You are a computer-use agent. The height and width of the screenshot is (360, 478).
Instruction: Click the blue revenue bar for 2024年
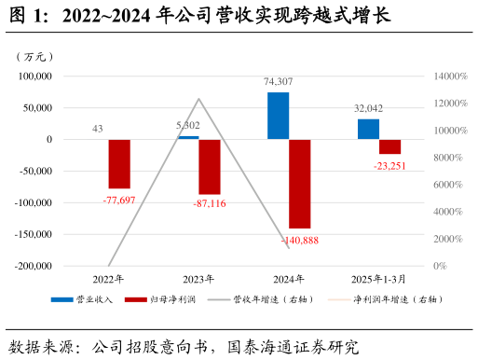(x=278, y=116)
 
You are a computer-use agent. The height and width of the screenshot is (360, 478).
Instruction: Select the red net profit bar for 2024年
(x=300, y=184)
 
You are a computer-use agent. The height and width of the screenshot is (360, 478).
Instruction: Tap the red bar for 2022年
(x=119, y=164)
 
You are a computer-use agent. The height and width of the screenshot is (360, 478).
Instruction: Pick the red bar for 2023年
(x=210, y=167)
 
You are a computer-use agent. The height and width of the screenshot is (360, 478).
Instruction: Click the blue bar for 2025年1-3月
(x=368, y=129)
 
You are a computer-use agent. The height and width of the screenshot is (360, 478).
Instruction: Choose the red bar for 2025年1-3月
(x=389, y=146)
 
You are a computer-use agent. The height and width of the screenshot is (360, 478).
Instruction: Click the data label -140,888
(x=299, y=241)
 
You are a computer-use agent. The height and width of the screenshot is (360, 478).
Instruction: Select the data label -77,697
(x=119, y=201)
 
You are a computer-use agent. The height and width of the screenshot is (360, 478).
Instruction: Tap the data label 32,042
(x=369, y=108)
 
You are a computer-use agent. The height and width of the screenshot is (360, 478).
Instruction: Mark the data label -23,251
(x=389, y=166)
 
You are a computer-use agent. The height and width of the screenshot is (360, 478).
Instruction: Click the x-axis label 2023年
(x=198, y=278)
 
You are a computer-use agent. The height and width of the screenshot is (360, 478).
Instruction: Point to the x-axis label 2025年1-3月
(x=379, y=278)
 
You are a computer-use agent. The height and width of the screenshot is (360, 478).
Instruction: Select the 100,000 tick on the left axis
(x=33, y=76)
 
